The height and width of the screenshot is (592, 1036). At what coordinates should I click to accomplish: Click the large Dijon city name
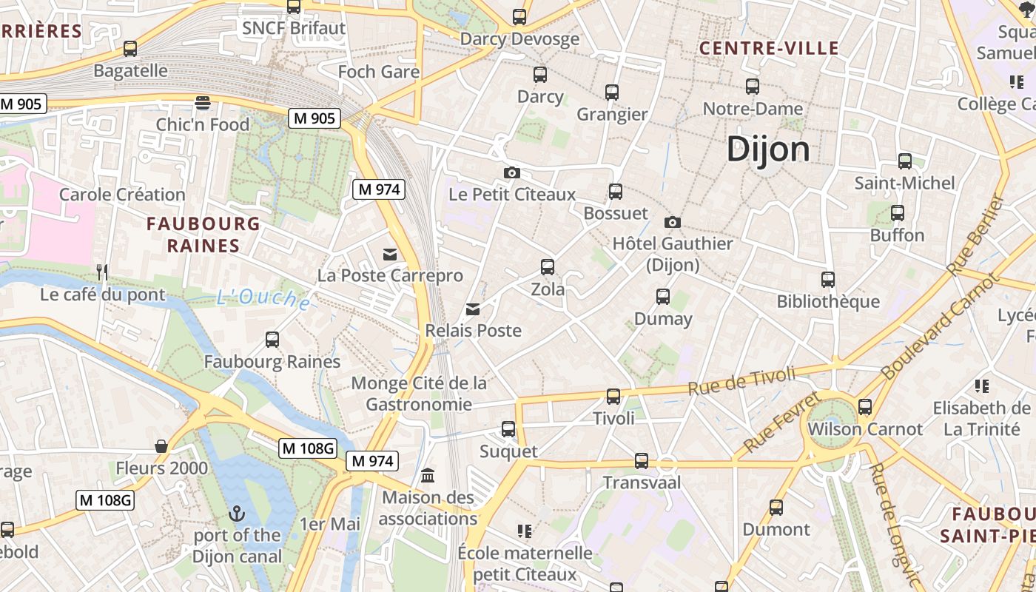tap(768, 149)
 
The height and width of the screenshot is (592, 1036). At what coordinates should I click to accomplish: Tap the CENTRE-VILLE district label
tap(769, 49)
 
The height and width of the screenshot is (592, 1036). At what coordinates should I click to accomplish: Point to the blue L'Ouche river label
tap(263, 297)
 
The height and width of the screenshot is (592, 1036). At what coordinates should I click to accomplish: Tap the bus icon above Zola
tap(548, 267)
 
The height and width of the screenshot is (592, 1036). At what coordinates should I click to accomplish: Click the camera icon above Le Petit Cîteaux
tap(511, 173)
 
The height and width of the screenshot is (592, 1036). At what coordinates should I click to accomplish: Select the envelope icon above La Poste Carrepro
tap(390, 255)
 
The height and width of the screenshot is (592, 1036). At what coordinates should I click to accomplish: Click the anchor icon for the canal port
tap(237, 513)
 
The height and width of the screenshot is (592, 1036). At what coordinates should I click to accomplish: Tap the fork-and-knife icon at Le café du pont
tap(102, 272)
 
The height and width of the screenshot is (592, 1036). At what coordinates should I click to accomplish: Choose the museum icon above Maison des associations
tap(428, 475)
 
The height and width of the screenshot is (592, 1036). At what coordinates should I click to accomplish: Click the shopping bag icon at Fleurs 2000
tap(161, 446)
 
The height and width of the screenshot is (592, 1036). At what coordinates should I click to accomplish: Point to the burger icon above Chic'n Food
tap(203, 102)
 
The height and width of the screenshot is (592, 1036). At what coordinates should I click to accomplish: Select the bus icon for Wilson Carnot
tap(865, 407)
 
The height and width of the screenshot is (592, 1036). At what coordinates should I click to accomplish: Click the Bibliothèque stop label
tap(828, 301)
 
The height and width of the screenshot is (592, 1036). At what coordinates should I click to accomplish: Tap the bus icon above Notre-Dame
tap(753, 87)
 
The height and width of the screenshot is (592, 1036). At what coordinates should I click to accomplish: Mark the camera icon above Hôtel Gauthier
tap(672, 222)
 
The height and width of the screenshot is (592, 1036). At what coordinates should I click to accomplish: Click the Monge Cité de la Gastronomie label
tap(419, 394)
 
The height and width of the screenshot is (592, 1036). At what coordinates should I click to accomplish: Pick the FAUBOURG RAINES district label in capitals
tap(203, 235)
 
